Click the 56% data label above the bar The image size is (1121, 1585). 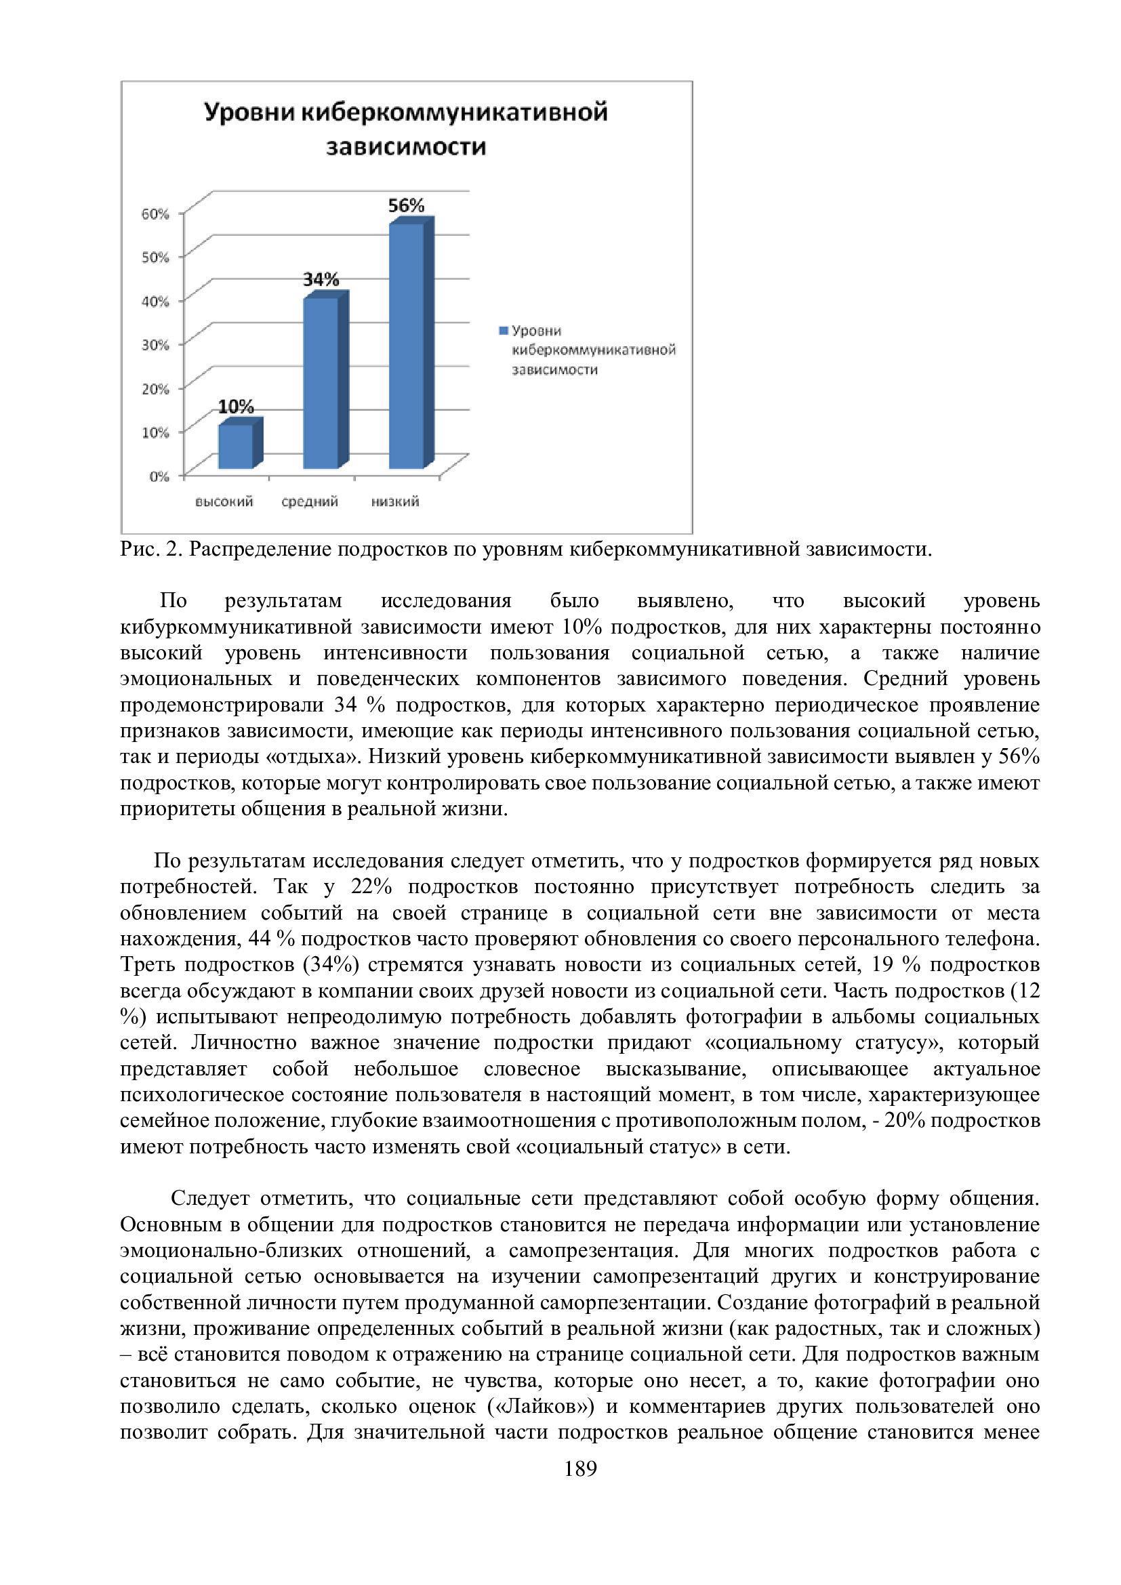click(x=406, y=206)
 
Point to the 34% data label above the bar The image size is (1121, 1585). click(x=321, y=280)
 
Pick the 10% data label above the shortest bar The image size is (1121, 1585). click(x=236, y=407)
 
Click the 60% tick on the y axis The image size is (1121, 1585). click(x=155, y=214)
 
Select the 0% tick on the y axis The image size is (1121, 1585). click(x=159, y=476)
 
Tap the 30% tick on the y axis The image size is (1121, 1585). click(x=155, y=345)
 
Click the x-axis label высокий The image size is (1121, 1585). click(x=224, y=502)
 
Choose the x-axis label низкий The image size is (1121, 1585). click(x=395, y=502)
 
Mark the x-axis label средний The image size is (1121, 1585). click(x=310, y=502)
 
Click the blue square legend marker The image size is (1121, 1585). click(x=503, y=331)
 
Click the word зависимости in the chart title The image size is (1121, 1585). click(x=406, y=148)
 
